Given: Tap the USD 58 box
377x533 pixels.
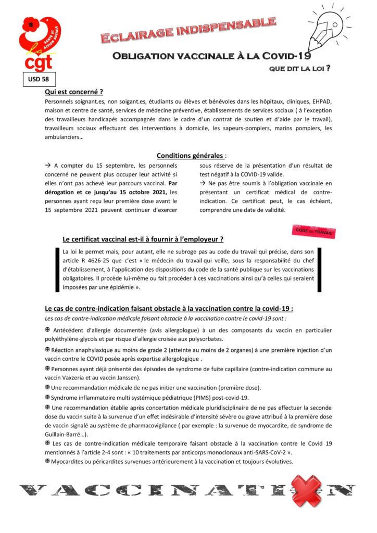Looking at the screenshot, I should pyautogui.click(x=38, y=80).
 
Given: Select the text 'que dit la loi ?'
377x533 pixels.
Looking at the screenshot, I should pyautogui.click(x=300, y=69).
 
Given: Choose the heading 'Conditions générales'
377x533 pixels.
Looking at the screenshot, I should pyautogui.click(x=191, y=155).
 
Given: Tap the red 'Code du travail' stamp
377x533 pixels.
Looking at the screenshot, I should pyautogui.click(x=313, y=232).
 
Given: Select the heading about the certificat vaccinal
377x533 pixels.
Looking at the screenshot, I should pyautogui.click(x=143, y=239).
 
